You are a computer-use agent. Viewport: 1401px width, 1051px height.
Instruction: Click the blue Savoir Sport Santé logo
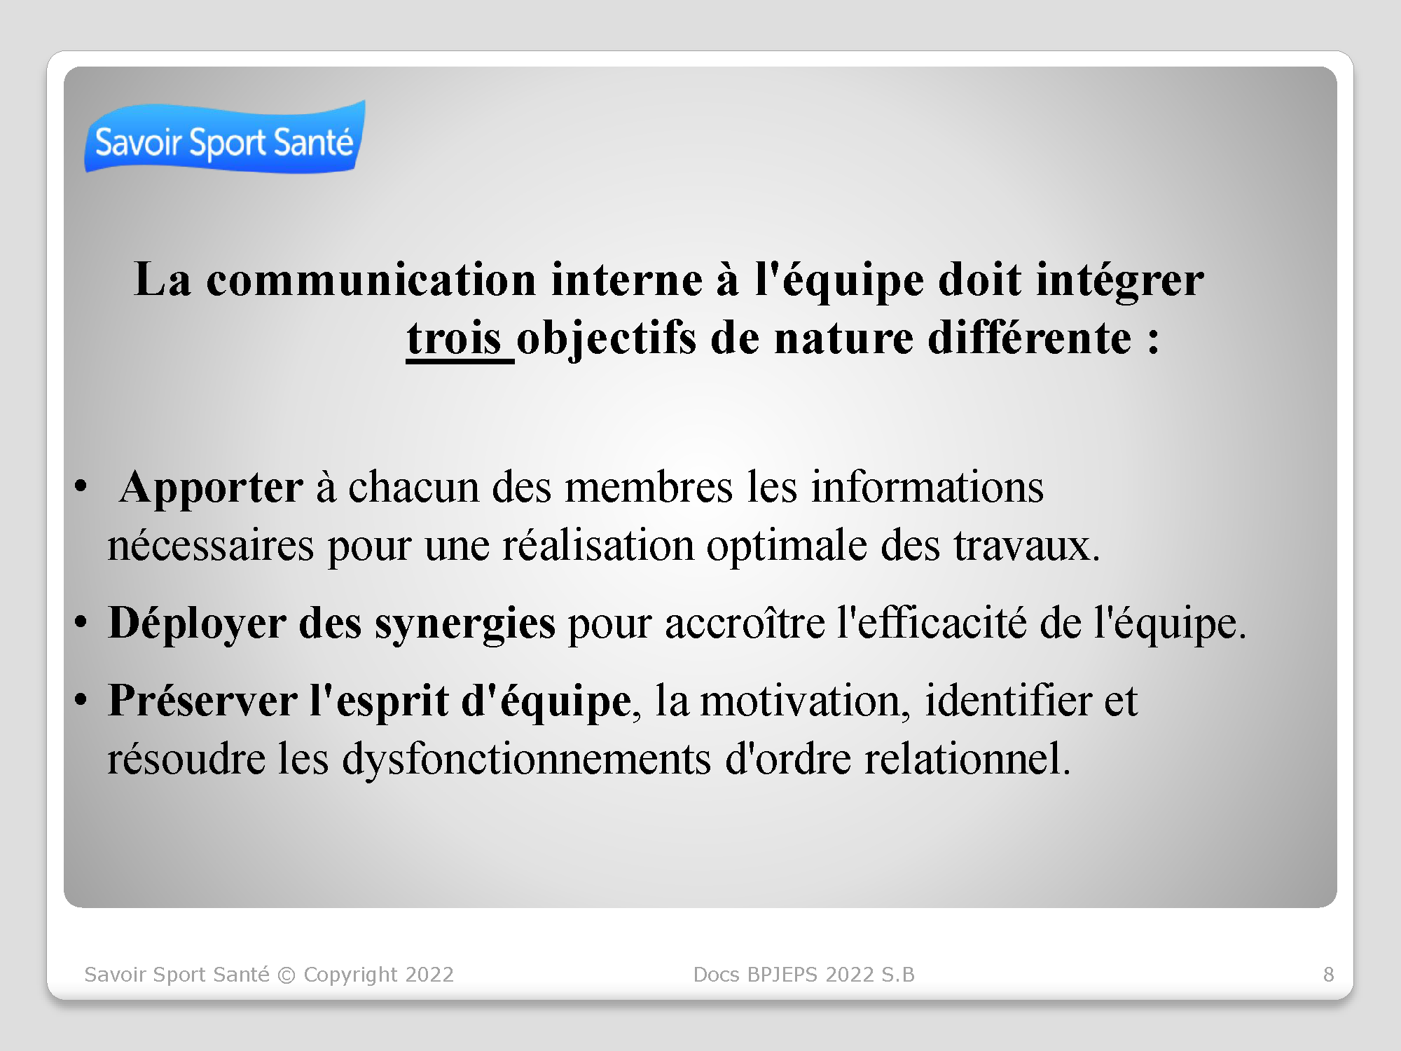225,137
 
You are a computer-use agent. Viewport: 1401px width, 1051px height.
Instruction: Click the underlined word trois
454,338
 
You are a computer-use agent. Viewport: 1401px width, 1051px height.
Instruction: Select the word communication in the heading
371,280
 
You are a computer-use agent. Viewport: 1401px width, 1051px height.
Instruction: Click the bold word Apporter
212,488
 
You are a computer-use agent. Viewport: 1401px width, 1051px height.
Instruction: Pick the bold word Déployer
198,624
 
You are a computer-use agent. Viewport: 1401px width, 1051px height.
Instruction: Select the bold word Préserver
202,701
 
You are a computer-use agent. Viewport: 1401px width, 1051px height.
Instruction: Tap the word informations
927,487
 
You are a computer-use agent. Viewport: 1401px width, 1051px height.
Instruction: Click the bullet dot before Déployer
81,621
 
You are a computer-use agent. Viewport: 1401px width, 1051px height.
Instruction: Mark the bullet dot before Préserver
81,699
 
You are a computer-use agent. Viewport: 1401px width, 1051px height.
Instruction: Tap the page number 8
1328,975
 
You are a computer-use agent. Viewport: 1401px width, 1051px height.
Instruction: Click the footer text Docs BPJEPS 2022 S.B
803,975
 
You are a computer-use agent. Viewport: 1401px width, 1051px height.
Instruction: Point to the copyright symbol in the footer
287,975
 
